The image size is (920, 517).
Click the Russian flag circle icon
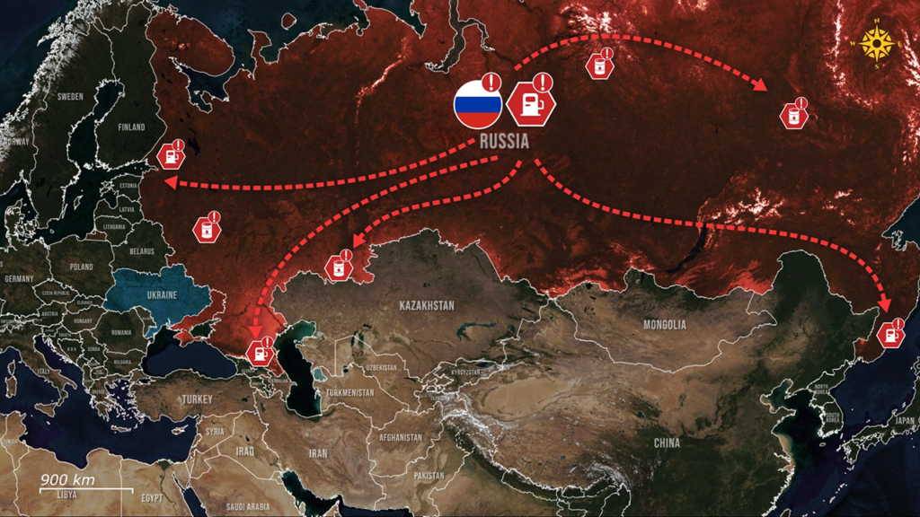coord(477,105)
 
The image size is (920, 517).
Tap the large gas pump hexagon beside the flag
coord(530,103)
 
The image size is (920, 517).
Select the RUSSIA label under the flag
coord(504,142)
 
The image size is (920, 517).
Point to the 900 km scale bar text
coord(67,480)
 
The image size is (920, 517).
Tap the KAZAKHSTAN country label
coord(426,305)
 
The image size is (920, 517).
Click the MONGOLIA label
coord(664,324)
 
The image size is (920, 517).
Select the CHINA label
coord(667,443)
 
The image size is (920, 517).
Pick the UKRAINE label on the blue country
coord(161,294)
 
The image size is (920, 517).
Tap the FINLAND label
coord(131,127)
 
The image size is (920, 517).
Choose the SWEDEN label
coord(70,96)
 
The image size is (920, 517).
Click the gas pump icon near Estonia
coord(171,155)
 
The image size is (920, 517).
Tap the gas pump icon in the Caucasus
coord(261,349)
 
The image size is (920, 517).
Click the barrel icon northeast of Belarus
coord(208,229)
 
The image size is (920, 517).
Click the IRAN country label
coord(318,453)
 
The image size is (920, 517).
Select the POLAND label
coord(82,267)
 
